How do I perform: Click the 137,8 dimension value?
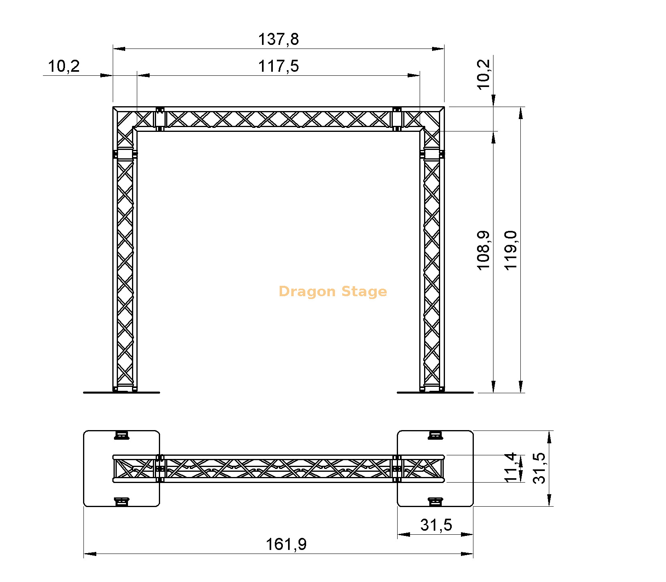point(278,39)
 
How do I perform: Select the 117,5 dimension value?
point(278,66)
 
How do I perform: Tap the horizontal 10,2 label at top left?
point(64,66)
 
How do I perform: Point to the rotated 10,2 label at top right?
point(483,74)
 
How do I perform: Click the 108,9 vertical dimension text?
point(483,251)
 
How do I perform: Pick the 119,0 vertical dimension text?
point(511,251)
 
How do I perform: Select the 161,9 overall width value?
point(286,544)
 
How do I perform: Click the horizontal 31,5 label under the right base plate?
point(436,525)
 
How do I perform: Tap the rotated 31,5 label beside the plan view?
point(539,468)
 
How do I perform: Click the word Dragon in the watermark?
point(307,291)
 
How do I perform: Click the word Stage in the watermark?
point(364,291)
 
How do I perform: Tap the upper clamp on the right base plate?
point(435,435)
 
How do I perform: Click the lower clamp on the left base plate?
point(122,502)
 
